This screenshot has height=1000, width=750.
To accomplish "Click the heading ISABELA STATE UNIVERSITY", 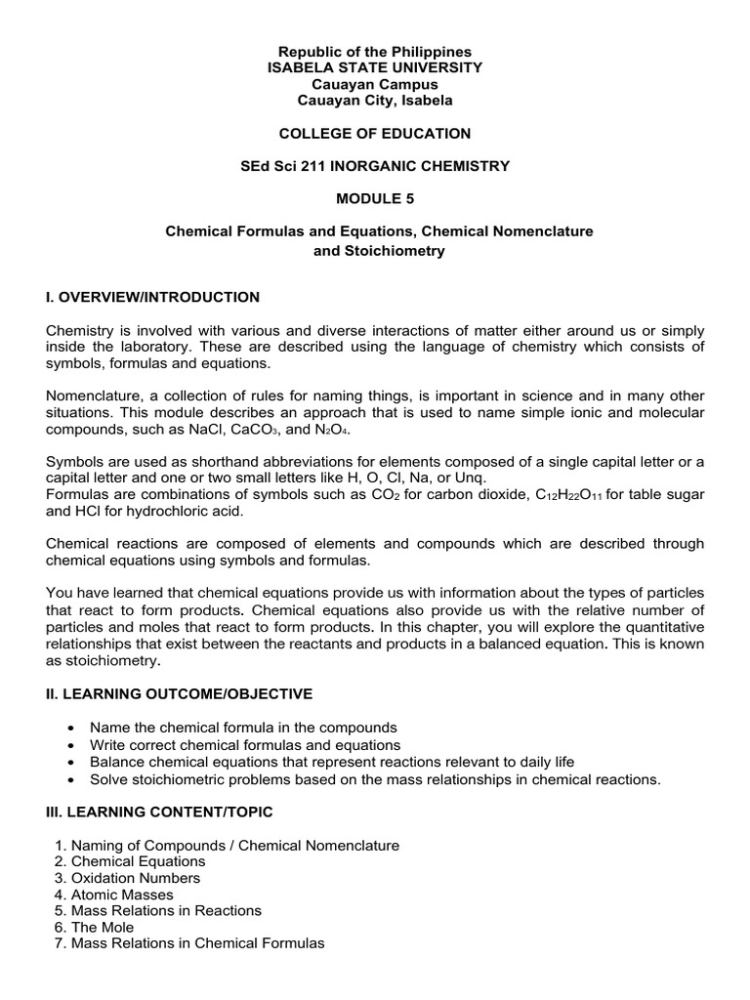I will [x=375, y=67].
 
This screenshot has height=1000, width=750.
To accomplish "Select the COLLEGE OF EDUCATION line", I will [x=375, y=134].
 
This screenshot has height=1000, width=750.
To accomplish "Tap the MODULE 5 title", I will [x=375, y=198].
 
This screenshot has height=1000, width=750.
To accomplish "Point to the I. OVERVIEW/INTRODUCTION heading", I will [x=153, y=297].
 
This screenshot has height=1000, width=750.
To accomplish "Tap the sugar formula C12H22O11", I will [x=572, y=495].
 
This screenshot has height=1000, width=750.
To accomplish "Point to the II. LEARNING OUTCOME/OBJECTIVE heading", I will [x=180, y=693].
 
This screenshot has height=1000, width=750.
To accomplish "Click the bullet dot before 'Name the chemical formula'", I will [x=74, y=729].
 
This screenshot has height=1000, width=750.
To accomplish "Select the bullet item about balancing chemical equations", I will [x=332, y=762].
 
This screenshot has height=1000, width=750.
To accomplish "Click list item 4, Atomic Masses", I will [x=122, y=895].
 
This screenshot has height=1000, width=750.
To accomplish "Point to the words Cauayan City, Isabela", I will [x=375, y=101].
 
